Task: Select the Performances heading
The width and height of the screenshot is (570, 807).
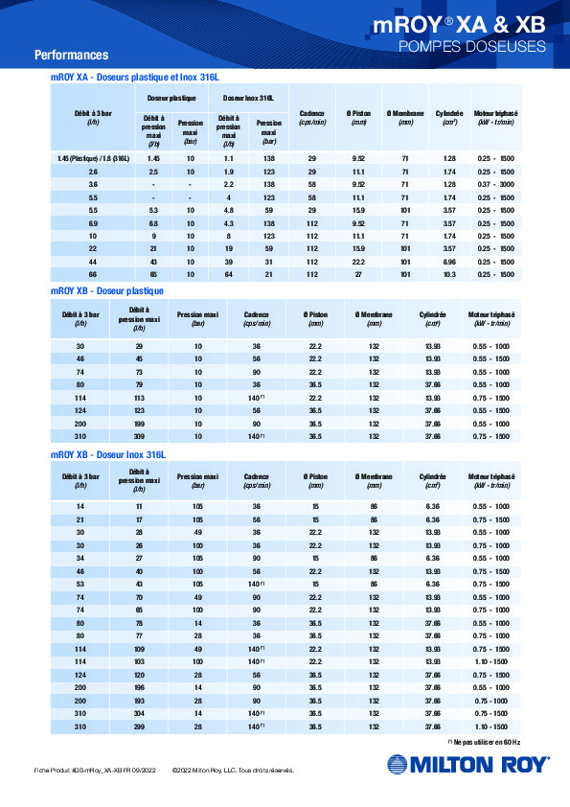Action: click(71, 55)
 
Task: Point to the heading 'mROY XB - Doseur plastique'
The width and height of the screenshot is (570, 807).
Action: click(106, 289)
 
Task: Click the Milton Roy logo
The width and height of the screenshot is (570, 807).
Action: click(467, 764)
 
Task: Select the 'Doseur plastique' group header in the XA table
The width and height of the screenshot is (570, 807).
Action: click(171, 98)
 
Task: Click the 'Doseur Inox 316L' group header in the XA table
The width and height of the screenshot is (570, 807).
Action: click(248, 98)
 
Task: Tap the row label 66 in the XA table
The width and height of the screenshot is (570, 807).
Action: click(93, 273)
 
